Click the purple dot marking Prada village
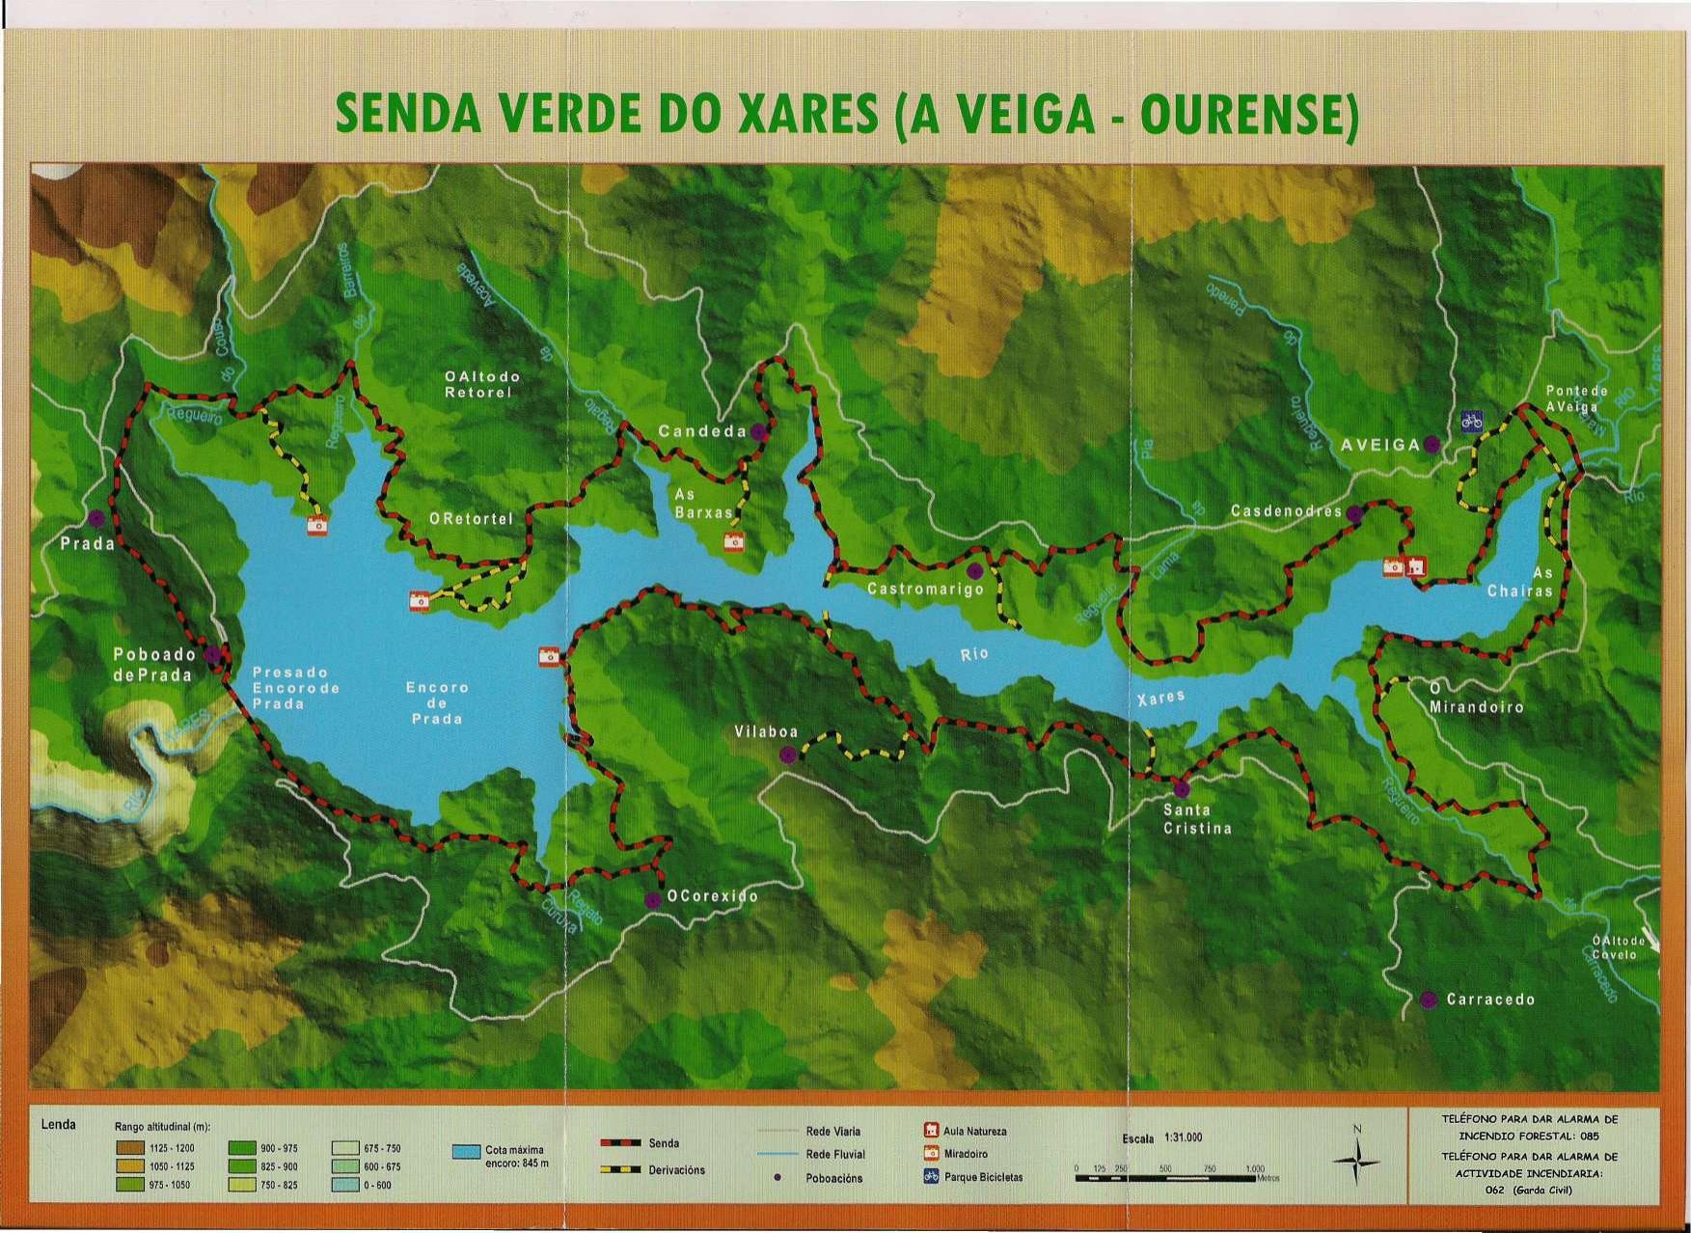coord(96,518)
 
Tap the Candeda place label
coord(702,431)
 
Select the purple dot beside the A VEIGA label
coord(1432,444)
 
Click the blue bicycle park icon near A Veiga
coord(1471,422)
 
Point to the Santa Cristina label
coord(1197,819)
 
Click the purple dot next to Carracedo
coord(1429,1000)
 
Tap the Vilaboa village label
coord(766,731)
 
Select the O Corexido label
coord(712,896)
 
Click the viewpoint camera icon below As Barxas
coord(734,542)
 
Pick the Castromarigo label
coord(925,589)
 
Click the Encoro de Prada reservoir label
coord(437,702)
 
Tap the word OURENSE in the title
coord(1248,115)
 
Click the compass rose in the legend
coord(1356,1160)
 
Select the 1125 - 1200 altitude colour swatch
coord(130,1148)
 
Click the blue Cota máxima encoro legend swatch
coord(467,1152)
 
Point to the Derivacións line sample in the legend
coord(620,1169)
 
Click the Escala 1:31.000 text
coord(1161,1137)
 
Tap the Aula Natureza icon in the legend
coord(931,1130)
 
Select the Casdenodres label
coord(1286,510)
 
